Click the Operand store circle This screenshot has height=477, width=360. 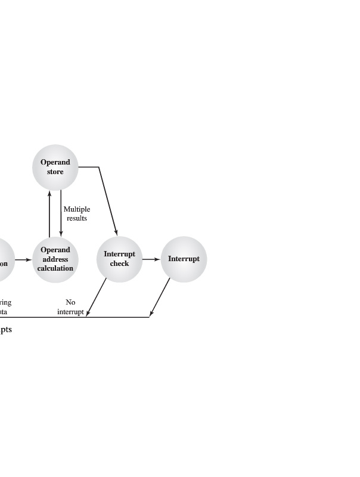(55, 167)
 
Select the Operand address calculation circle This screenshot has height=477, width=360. (55, 259)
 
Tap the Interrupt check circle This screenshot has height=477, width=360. (119, 259)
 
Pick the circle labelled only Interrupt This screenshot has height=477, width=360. (184, 259)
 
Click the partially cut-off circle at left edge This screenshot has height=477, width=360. (5, 259)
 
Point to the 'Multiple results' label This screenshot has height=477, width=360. (76, 213)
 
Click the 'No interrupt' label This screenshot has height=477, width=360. (70, 306)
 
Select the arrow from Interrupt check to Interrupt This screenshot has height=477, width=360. (151, 259)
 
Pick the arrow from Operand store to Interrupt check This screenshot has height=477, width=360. (107, 200)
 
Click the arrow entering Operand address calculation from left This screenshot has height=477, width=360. (23, 259)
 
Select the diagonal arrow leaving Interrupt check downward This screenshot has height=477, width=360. (97, 297)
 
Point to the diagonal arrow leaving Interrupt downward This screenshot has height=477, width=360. (160, 297)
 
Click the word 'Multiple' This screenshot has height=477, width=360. (77, 209)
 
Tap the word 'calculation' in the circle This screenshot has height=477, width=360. (55, 268)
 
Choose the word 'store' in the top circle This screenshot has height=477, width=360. (55, 172)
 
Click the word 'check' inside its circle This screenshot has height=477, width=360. (119, 264)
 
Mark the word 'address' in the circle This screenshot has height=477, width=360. (55, 259)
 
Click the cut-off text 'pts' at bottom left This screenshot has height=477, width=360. (5, 329)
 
